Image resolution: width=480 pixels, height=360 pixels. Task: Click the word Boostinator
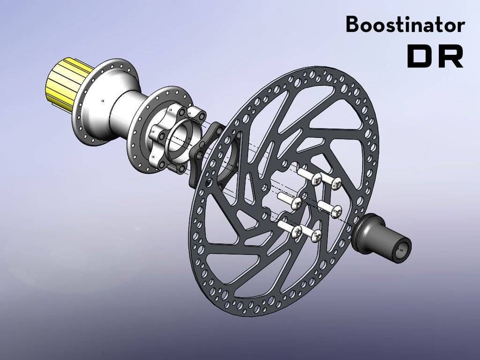point(405,24)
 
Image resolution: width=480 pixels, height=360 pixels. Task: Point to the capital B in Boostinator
point(352,24)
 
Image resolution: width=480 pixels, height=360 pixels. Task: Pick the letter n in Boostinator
point(422,26)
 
